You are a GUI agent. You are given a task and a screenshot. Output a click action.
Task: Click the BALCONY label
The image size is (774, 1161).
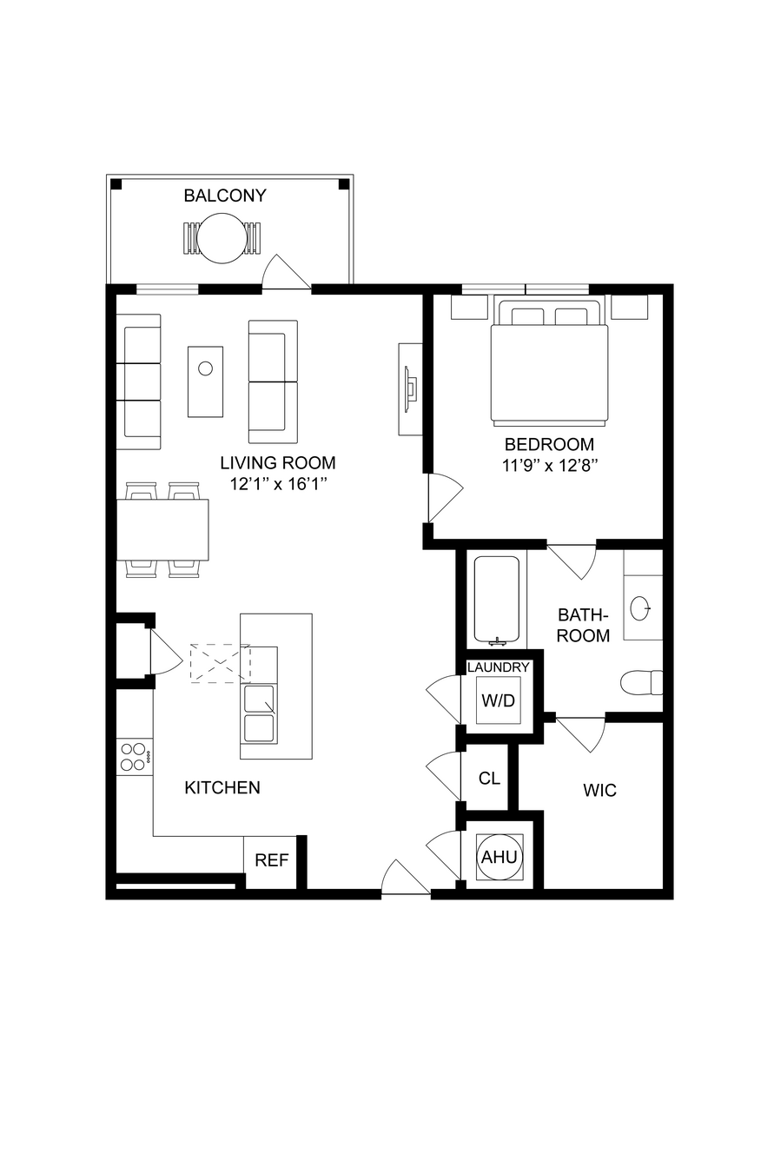[x=225, y=196]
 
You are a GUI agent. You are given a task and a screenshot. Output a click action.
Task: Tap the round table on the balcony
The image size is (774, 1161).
[x=223, y=238]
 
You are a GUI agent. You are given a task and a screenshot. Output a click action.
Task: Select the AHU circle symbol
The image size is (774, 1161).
[x=499, y=857]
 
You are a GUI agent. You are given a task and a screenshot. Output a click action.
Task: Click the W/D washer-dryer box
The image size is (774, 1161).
[x=499, y=700]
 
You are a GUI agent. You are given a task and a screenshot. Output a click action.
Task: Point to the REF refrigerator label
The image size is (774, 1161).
[x=272, y=860]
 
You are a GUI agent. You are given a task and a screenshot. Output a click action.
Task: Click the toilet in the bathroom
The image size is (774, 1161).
[x=641, y=682]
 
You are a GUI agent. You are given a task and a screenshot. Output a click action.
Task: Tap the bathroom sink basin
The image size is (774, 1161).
[x=640, y=608]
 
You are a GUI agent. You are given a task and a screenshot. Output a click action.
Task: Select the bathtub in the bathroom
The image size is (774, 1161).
[x=496, y=601]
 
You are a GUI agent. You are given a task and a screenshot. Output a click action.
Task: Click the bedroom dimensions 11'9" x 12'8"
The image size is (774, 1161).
[x=550, y=465]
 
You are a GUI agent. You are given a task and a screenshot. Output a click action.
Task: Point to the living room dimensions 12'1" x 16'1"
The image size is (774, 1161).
[x=279, y=483]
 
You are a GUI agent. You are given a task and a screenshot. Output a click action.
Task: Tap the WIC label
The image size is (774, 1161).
[x=599, y=791]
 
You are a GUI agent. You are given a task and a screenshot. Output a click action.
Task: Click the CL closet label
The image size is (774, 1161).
[x=489, y=778]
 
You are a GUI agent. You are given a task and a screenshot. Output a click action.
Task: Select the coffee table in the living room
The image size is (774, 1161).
[x=205, y=381]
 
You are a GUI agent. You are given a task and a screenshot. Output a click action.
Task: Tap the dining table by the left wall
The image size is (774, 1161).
[x=162, y=530]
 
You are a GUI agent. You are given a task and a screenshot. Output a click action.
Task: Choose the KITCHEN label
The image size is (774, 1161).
[x=222, y=787]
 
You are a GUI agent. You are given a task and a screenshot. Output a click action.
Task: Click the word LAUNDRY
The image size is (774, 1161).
[x=498, y=667]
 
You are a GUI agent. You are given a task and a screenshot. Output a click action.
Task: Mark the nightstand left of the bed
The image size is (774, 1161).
[x=469, y=307]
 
